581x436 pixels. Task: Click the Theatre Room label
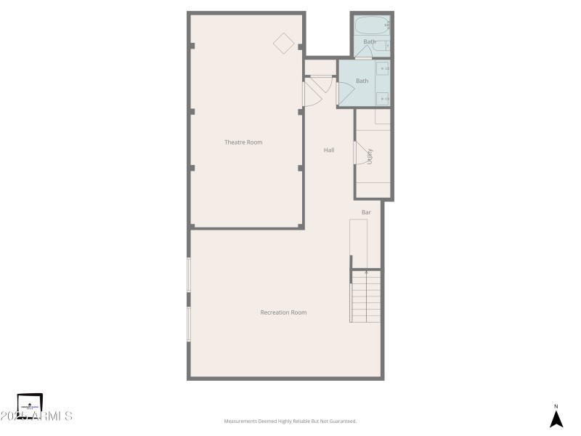243,142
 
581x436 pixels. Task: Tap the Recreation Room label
283,312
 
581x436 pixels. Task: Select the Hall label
329,150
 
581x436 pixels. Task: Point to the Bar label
366,212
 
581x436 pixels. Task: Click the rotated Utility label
370,156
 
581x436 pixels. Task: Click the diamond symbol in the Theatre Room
283,42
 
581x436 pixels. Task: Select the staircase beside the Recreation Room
366,296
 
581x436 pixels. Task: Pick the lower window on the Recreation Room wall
189,324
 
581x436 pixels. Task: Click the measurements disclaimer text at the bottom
290,421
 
